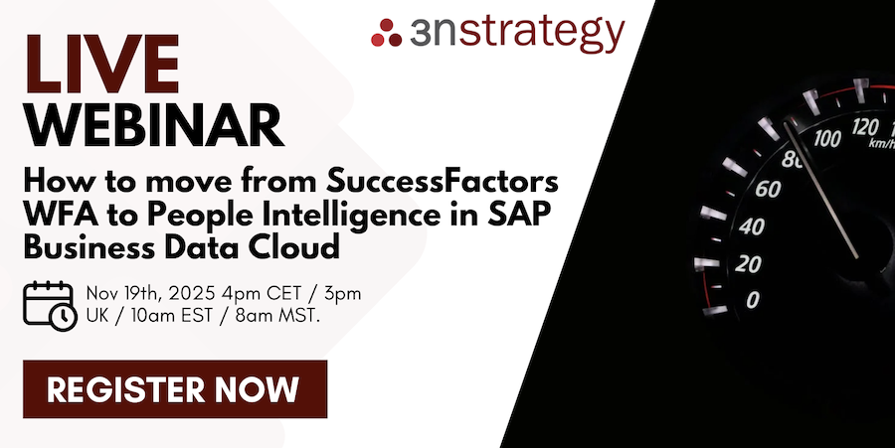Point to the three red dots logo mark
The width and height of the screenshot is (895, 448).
(x=386, y=33)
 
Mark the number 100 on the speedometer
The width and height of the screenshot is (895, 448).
(x=826, y=138)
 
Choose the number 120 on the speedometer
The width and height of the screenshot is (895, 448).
(x=867, y=126)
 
